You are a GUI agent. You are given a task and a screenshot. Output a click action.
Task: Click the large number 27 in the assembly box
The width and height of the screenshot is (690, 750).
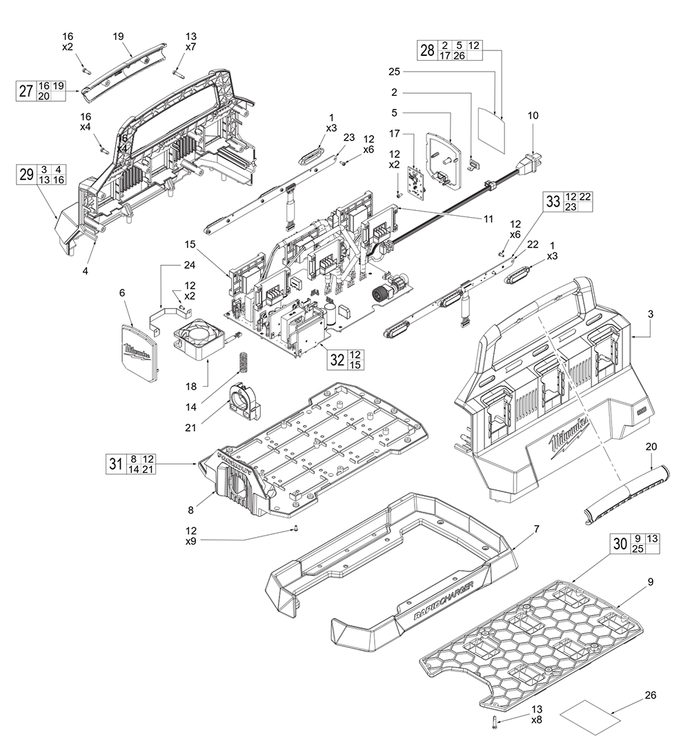click(x=26, y=92)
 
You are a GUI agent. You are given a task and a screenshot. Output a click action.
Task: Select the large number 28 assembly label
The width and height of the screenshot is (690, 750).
click(x=428, y=50)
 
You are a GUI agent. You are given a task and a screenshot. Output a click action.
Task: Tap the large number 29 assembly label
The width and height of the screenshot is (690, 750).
click(x=26, y=174)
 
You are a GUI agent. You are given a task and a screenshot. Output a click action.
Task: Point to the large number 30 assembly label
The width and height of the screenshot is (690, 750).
click(x=620, y=544)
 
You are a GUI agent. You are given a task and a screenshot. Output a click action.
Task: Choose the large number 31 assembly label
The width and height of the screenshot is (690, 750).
click(x=115, y=463)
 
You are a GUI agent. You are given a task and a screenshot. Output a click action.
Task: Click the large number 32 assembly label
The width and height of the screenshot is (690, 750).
click(x=337, y=358)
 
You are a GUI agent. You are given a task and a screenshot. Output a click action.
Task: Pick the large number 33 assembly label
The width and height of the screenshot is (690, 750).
click(x=553, y=201)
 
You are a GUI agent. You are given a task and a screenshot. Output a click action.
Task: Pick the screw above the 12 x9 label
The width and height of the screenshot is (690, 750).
click(x=296, y=529)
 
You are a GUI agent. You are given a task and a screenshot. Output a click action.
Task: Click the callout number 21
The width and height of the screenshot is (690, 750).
click(x=189, y=427)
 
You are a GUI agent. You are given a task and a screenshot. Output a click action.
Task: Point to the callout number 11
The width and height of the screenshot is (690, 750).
click(x=488, y=219)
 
